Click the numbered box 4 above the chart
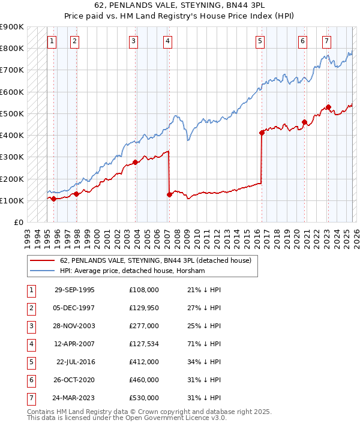coord(167,41)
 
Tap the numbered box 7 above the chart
coord(326,41)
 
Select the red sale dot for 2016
coord(262,133)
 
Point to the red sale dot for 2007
coord(169,194)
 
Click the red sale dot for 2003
coord(136,162)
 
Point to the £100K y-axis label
coord(11,200)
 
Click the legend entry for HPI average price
coord(132,271)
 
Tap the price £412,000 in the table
coord(144,362)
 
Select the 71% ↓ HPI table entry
coord(204,344)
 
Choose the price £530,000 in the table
coord(144,398)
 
